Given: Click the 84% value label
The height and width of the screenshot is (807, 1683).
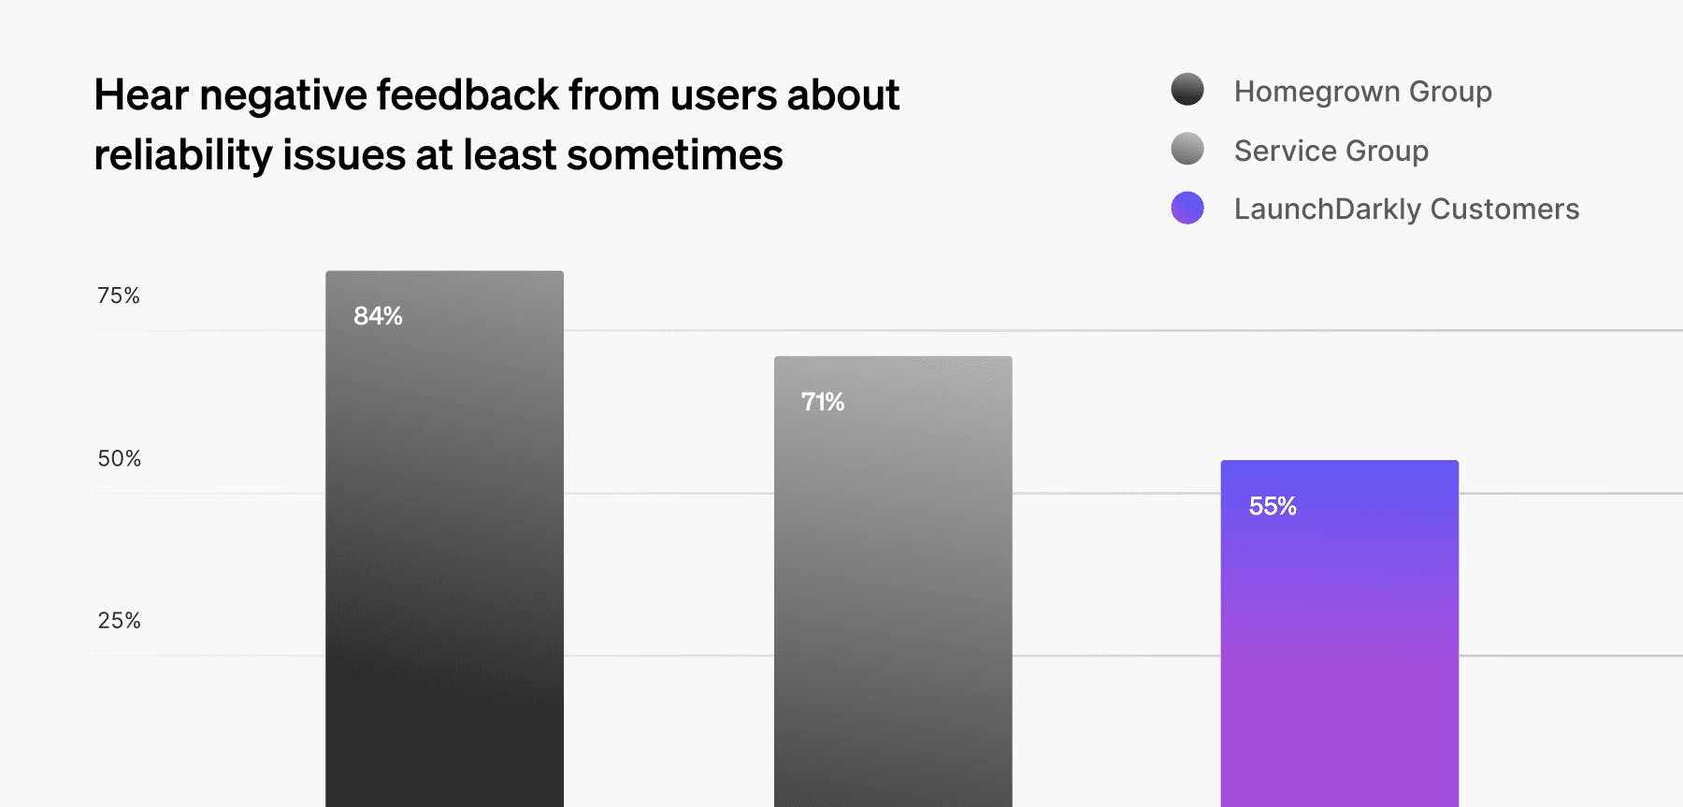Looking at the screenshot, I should pos(378,316).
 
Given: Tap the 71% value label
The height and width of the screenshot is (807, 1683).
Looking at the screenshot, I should pos(823,402).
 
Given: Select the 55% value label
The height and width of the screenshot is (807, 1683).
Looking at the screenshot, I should pos(1273,506).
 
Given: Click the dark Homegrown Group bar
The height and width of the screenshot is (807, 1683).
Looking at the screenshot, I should pos(444,561).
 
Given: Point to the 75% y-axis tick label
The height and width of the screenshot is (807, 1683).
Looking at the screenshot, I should pos(119,295).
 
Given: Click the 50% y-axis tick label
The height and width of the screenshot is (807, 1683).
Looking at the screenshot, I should pos(120,458).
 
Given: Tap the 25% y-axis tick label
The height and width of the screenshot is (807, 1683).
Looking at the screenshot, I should pos(120,620).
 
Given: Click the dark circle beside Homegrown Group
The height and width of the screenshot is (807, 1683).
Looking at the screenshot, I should pos(1187,90).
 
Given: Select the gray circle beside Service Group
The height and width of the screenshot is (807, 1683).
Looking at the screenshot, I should pos(1187,149).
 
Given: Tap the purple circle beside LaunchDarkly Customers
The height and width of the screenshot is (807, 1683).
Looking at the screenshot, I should pos(1187,208).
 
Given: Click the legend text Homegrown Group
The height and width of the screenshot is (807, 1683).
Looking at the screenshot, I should pos(1362,92).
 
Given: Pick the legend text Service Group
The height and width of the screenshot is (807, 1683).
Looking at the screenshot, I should pos(1331,151).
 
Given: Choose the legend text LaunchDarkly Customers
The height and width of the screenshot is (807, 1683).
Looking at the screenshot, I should pos(1406,209).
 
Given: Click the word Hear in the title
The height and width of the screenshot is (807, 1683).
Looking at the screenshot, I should pos(141,95).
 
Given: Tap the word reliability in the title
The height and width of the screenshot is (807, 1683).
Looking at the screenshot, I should pos(183,155).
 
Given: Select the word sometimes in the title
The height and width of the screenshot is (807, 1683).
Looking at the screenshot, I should pos(674,155).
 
